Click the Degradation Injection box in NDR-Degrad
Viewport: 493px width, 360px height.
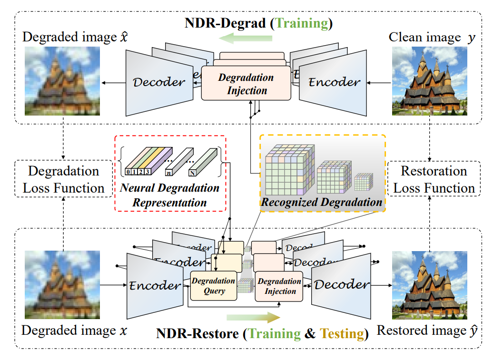pos(246,83)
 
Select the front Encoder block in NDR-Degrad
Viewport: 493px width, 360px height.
pos(334,82)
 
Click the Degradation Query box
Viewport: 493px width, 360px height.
pos(214,285)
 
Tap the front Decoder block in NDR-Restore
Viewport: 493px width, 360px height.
pos(341,285)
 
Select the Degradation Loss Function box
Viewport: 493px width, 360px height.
pos(63,180)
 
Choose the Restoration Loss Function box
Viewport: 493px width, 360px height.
pos(434,180)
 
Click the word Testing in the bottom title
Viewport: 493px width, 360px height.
pos(342,333)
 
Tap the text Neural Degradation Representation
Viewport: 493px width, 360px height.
pos(170,195)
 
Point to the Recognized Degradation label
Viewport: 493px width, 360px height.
pos(322,202)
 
